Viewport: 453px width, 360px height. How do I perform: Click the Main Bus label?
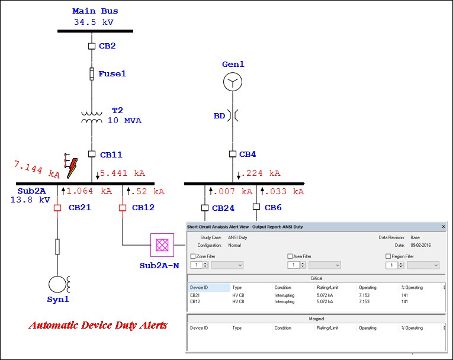[95, 11]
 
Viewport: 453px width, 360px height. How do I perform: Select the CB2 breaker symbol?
[92, 46]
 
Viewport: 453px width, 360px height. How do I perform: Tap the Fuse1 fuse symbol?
[92, 73]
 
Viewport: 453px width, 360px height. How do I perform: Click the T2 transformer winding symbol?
[92, 117]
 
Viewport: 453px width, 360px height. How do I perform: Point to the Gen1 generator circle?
[232, 82]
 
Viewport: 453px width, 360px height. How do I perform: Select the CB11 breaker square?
[92, 154]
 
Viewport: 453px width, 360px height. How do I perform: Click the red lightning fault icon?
[71, 165]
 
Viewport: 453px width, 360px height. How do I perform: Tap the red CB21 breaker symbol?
[57, 208]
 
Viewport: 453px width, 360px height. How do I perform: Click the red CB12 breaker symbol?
[123, 208]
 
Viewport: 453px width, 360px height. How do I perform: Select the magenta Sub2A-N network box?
[160, 244]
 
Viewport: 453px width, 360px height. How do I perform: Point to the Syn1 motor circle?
[57, 284]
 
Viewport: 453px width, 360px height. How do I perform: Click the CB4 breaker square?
[233, 154]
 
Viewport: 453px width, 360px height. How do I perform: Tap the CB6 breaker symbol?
[256, 207]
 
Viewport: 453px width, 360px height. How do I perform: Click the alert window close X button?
[444, 226]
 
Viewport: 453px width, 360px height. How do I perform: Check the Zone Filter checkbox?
[193, 256]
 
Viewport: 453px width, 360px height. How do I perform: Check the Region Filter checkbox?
[388, 256]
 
